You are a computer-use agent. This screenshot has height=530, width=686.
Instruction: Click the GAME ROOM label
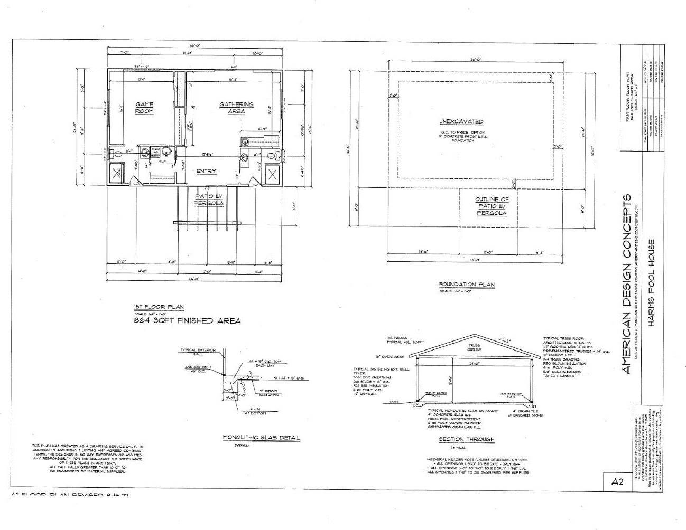click(x=144, y=108)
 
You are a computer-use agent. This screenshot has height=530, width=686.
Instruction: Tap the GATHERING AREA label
click(x=236, y=108)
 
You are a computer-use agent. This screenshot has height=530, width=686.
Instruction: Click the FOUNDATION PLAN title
click(x=466, y=285)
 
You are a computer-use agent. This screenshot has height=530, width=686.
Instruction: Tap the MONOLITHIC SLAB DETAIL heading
click(x=261, y=438)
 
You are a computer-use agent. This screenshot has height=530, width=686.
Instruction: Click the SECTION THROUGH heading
click(x=466, y=439)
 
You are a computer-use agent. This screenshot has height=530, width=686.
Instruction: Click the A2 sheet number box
click(x=617, y=481)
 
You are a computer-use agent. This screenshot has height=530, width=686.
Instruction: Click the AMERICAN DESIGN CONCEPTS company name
click(x=626, y=284)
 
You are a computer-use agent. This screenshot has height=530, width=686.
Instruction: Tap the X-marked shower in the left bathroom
click(x=118, y=174)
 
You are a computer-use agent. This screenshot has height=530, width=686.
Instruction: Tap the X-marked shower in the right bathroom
click(x=272, y=174)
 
